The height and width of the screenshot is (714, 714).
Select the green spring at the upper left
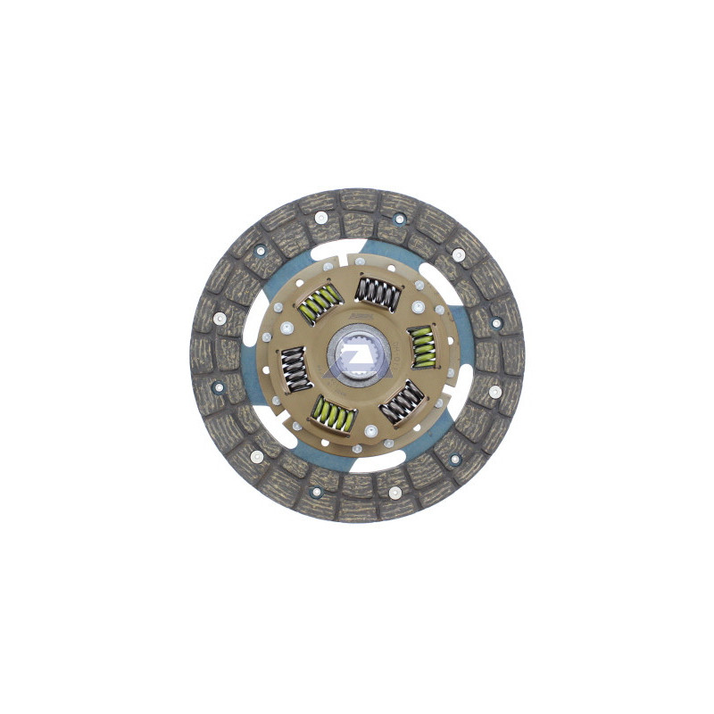319,303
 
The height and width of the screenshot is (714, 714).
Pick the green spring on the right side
421,346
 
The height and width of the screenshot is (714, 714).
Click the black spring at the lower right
402,402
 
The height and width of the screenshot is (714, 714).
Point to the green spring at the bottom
333,414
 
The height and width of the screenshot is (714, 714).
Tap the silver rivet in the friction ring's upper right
458,254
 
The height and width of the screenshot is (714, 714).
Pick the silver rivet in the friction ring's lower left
256,456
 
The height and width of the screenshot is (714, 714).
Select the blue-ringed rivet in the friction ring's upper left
261,251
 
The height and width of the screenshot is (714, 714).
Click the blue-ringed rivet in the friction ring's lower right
454,460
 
